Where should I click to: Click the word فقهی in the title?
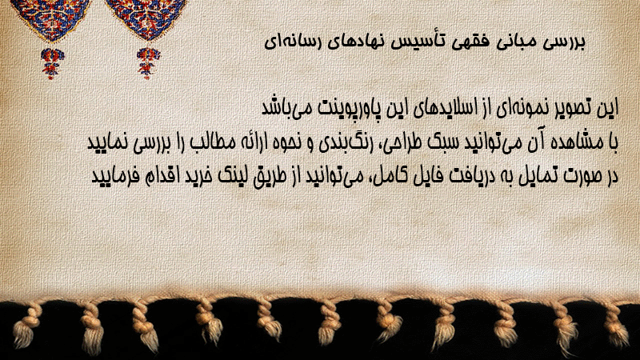pos(464,42)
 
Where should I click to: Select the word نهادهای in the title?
pos(354,42)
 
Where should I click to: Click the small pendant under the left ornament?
pos(52,63)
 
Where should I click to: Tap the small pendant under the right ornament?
pos(148,63)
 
